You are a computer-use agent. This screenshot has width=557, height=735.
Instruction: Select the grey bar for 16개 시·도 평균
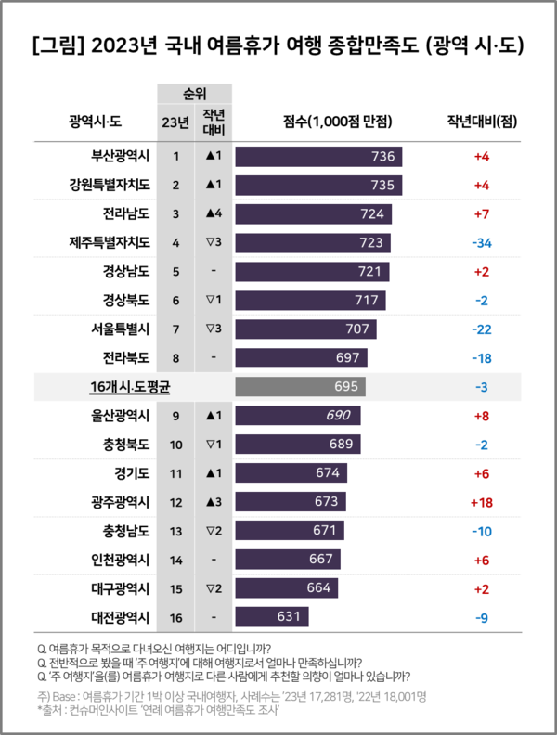click(x=301, y=386)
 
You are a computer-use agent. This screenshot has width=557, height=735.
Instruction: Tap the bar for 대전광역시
click(x=272, y=617)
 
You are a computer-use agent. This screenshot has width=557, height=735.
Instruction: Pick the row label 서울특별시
click(x=116, y=329)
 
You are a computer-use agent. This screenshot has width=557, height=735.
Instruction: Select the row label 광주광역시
click(x=116, y=502)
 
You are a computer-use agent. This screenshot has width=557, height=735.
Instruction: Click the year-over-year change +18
click(x=482, y=502)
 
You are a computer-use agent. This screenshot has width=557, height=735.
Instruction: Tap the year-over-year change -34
click(x=482, y=243)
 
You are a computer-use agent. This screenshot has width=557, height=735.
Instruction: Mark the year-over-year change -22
click(x=482, y=329)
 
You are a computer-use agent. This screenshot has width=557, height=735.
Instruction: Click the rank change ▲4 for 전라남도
click(x=214, y=214)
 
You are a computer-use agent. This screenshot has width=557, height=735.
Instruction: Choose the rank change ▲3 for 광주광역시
click(x=214, y=502)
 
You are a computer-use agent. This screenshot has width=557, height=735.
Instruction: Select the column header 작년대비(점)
click(x=481, y=122)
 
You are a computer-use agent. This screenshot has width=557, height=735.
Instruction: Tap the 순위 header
click(x=194, y=94)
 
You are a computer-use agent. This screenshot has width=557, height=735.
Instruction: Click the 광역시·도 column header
click(x=97, y=122)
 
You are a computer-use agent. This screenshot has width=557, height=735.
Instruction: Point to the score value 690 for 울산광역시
click(x=338, y=415)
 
